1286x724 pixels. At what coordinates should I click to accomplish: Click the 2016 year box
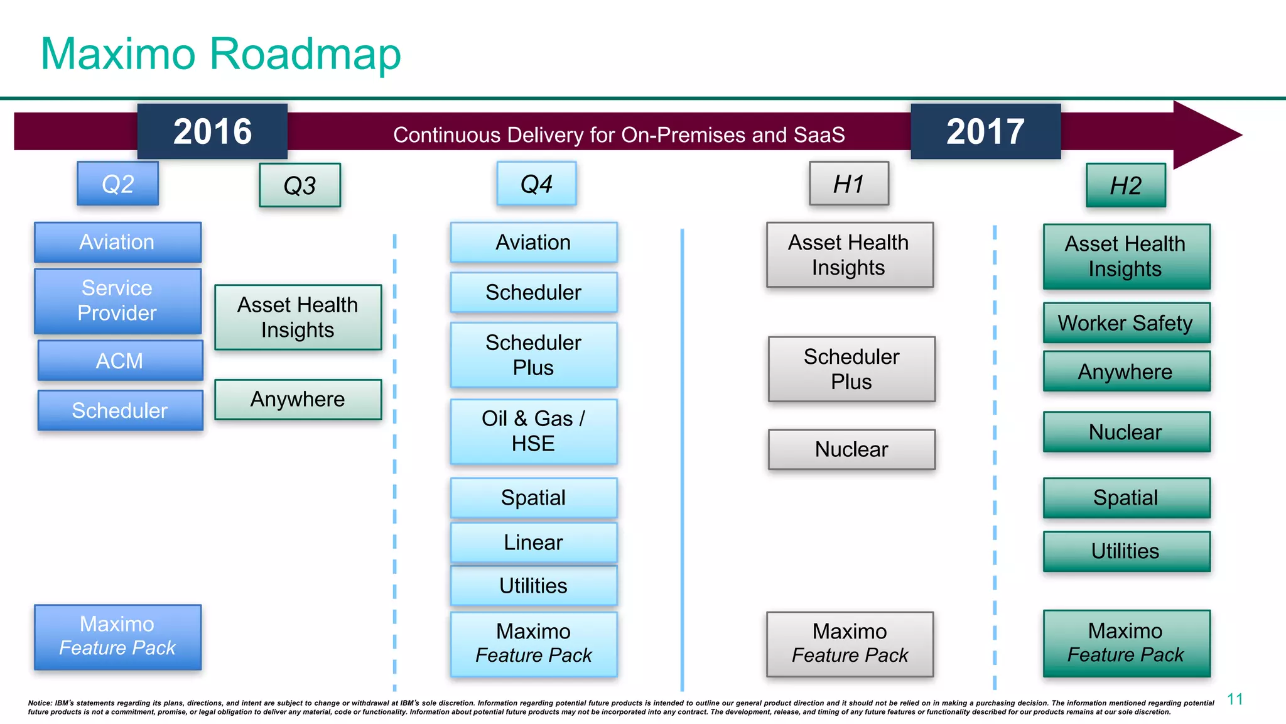(212, 131)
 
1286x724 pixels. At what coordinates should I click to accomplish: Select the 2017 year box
(985, 131)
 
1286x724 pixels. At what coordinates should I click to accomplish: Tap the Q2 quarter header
(117, 184)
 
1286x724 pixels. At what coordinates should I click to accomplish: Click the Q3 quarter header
(300, 185)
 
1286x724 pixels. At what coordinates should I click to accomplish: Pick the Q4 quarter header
(536, 184)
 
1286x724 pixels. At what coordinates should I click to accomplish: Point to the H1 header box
(849, 184)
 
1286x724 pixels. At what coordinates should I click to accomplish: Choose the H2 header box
(1126, 185)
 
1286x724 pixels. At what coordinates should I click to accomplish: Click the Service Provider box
(117, 301)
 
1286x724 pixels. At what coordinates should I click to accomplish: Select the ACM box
(120, 361)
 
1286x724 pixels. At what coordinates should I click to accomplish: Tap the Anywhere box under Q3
(298, 399)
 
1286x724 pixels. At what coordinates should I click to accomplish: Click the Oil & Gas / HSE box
(533, 431)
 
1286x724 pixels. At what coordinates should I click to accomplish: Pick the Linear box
(533, 542)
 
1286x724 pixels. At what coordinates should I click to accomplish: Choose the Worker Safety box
(1126, 323)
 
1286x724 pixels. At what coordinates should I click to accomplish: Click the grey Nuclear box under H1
(851, 449)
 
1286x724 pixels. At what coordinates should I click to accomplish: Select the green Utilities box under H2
(1126, 551)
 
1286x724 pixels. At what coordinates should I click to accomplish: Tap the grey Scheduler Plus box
(851, 369)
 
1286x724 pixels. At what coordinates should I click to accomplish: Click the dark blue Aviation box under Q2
(117, 242)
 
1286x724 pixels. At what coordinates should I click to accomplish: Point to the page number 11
(1235, 699)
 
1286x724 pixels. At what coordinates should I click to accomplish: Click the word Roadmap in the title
(305, 54)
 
